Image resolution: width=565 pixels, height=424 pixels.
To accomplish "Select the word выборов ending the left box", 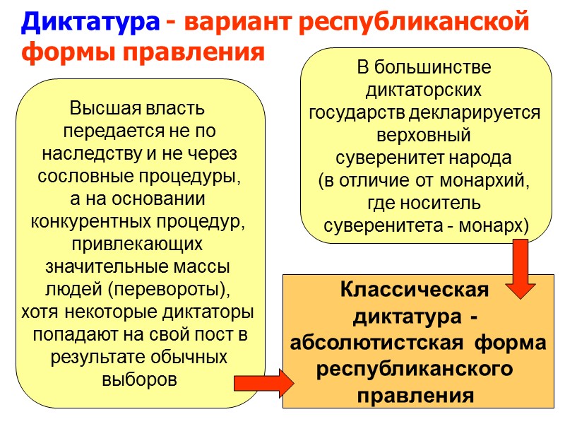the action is pyautogui.click(x=139, y=378).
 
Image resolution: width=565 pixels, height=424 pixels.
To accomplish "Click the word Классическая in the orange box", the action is pyautogui.click(x=414, y=291).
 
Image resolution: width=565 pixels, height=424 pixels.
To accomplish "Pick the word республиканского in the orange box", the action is pyautogui.click(x=414, y=370).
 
